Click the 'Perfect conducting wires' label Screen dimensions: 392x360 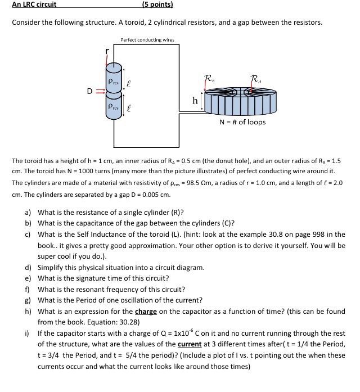(x=147, y=40)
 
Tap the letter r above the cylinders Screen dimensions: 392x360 (x=107, y=51)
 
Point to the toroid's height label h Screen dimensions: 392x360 (x=195, y=101)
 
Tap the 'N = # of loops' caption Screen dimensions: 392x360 (x=242, y=122)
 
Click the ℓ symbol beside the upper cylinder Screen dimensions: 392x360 (x=129, y=82)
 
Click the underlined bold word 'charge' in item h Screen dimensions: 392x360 (x=146, y=312)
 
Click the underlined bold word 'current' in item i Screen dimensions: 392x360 (x=190, y=344)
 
